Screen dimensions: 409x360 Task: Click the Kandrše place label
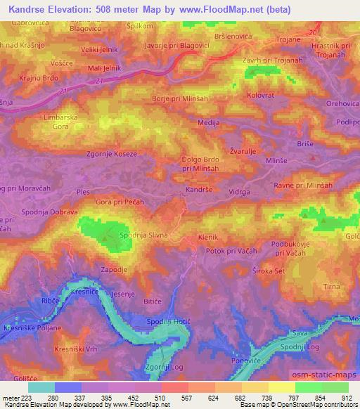coord(200,190)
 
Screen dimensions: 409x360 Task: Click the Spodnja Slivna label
coord(143,235)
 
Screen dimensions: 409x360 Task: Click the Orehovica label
coord(340,103)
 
